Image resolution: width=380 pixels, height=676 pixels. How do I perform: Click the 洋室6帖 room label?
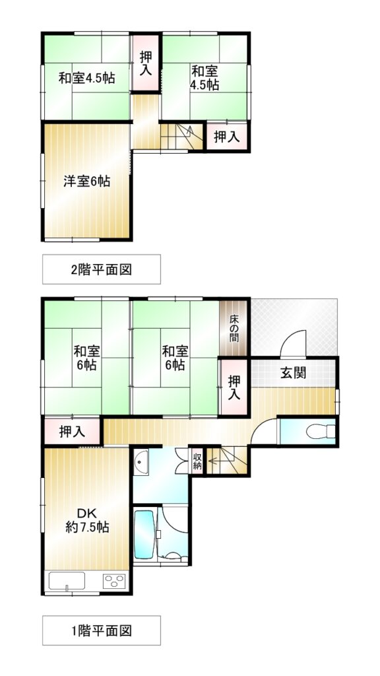click(x=86, y=182)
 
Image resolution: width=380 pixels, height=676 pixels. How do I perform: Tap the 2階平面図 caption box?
click(x=101, y=269)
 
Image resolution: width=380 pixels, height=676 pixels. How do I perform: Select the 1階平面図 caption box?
click(x=101, y=630)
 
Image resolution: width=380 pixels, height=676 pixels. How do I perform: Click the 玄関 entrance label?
click(x=293, y=373)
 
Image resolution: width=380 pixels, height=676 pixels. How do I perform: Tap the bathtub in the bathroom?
click(x=144, y=535)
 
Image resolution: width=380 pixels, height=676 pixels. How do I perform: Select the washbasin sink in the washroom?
click(x=141, y=461)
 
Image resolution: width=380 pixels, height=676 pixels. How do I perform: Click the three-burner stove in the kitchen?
click(x=115, y=581)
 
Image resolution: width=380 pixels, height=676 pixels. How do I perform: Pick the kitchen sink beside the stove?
click(x=67, y=581)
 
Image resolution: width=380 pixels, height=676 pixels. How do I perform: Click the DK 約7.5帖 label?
click(x=87, y=520)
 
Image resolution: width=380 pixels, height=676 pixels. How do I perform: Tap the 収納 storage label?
click(x=197, y=460)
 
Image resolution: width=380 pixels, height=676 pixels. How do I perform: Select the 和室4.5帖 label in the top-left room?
click(x=86, y=79)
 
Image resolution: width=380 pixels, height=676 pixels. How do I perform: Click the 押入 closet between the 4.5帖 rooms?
click(x=145, y=63)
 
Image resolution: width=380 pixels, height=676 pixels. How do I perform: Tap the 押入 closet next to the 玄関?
click(x=234, y=387)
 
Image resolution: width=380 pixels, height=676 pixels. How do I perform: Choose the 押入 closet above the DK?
click(x=72, y=431)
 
